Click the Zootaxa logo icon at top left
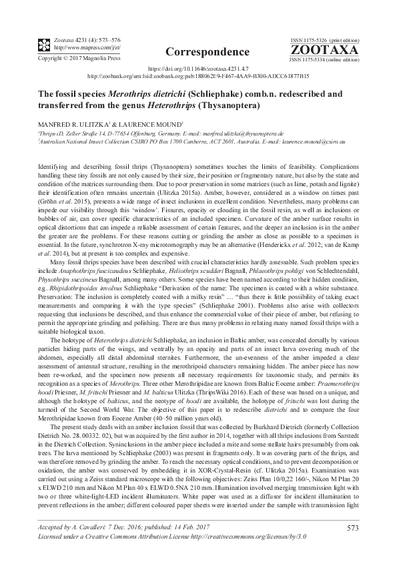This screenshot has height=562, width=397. click(43, 45)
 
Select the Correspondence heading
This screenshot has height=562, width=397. click(197, 51)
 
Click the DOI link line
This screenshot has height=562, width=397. click(198, 69)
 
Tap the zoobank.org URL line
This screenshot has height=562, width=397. click(198, 76)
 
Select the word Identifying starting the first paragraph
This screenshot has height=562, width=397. click(53, 164)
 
